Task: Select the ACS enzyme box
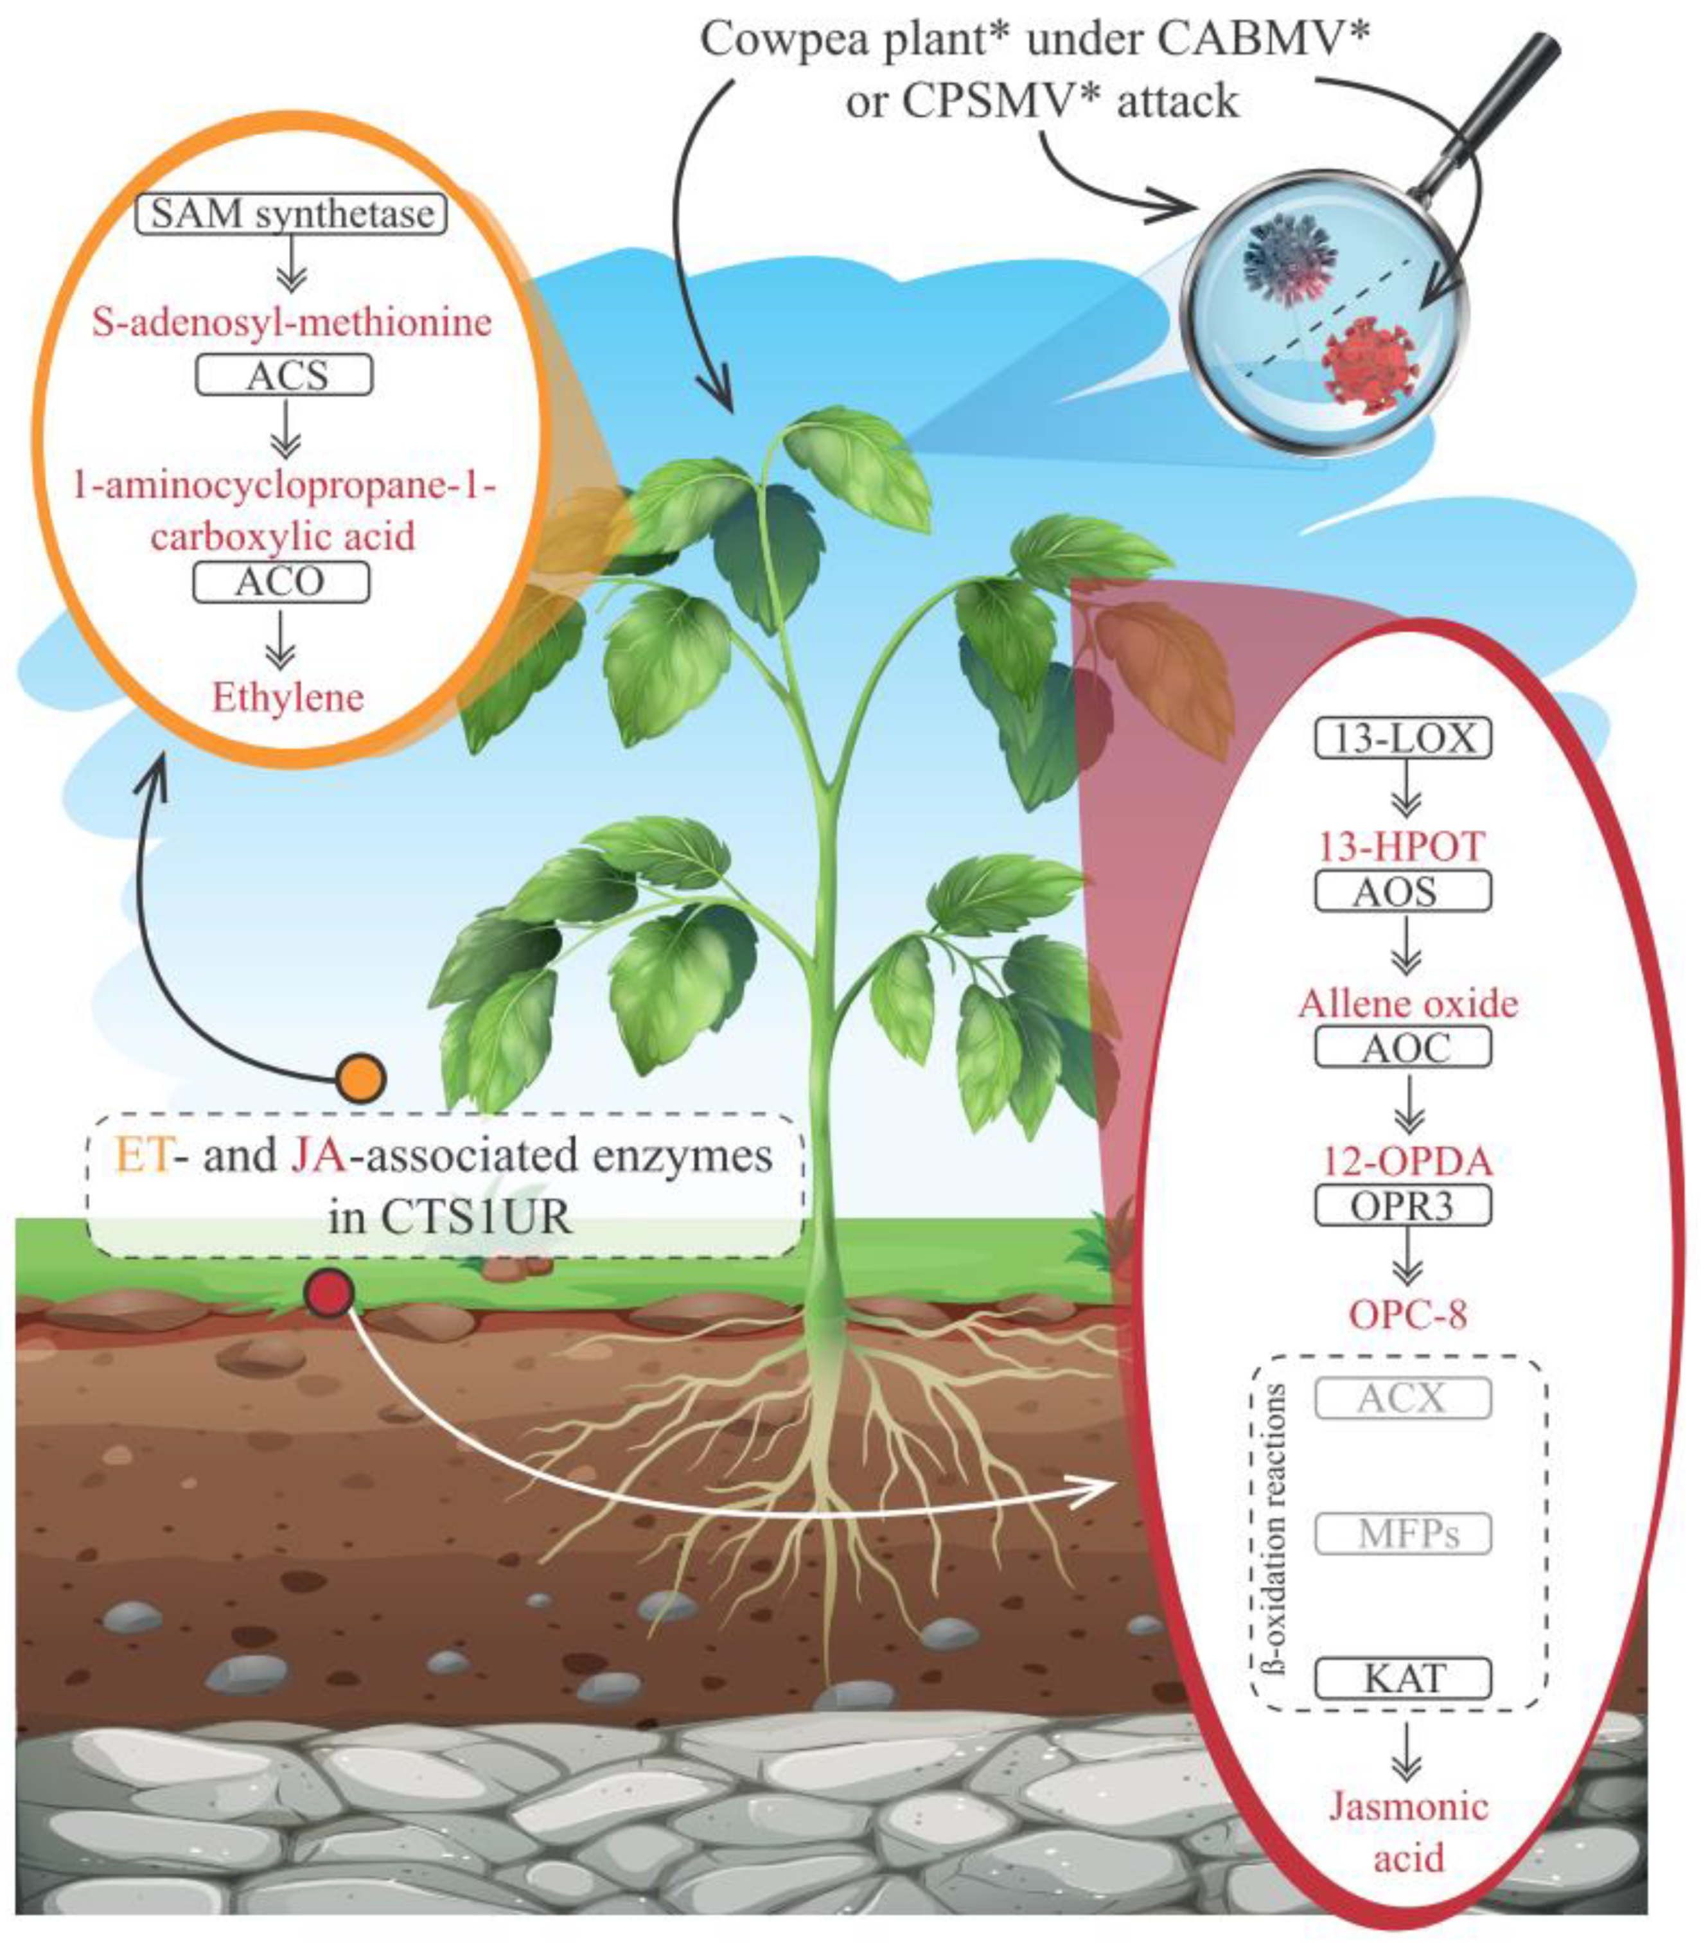[284, 375]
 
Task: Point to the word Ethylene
[288, 698]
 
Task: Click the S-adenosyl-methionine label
[292, 322]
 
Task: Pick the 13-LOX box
[1403, 738]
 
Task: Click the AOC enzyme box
[1403, 1047]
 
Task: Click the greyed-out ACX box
[1403, 1398]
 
